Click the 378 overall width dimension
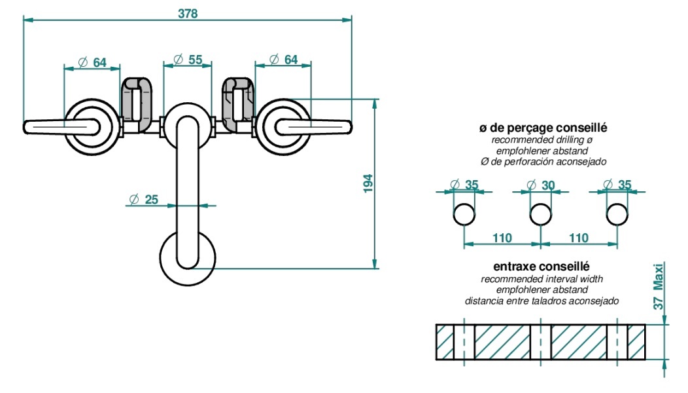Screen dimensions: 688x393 pos(188,14)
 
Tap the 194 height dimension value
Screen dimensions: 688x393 pos(368,183)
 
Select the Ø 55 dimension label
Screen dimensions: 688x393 pos(188,60)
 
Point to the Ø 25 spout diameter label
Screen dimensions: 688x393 pos(144,200)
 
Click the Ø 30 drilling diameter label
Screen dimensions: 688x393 pos(541,185)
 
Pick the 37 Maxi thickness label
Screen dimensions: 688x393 pos(658,286)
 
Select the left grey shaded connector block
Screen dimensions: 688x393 pos(137,105)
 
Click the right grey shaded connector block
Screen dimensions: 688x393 pos(238,105)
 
